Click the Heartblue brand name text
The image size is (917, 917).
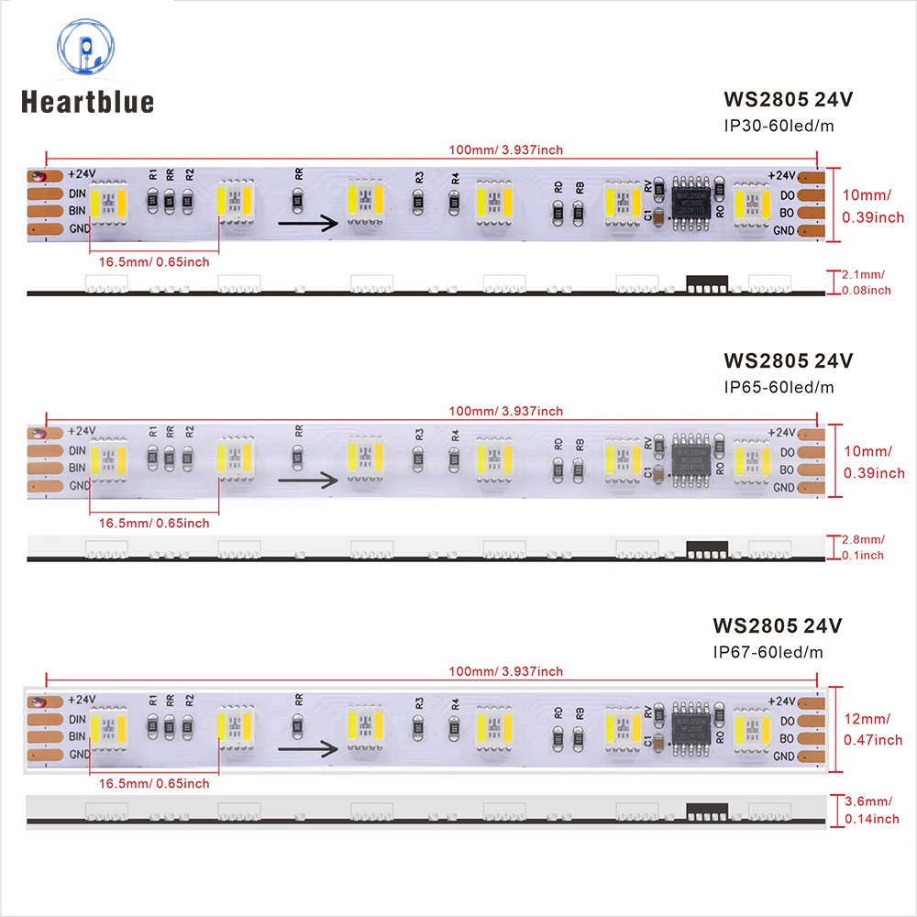click(88, 101)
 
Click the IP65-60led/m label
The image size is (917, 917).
click(779, 386)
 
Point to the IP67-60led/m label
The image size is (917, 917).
click(768, 652)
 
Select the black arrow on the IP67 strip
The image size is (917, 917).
click(307, 749)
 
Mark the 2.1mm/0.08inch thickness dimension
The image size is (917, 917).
click(866, 282)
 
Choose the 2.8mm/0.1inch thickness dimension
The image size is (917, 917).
click(866, 547)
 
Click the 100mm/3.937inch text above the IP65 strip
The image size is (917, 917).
click(506, 411)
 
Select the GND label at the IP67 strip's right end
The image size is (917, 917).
click(783, 757)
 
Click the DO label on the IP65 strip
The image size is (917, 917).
click(787, 451)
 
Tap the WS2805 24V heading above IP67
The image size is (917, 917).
click(776, 626)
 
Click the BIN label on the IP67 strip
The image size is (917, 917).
click(77, 736)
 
